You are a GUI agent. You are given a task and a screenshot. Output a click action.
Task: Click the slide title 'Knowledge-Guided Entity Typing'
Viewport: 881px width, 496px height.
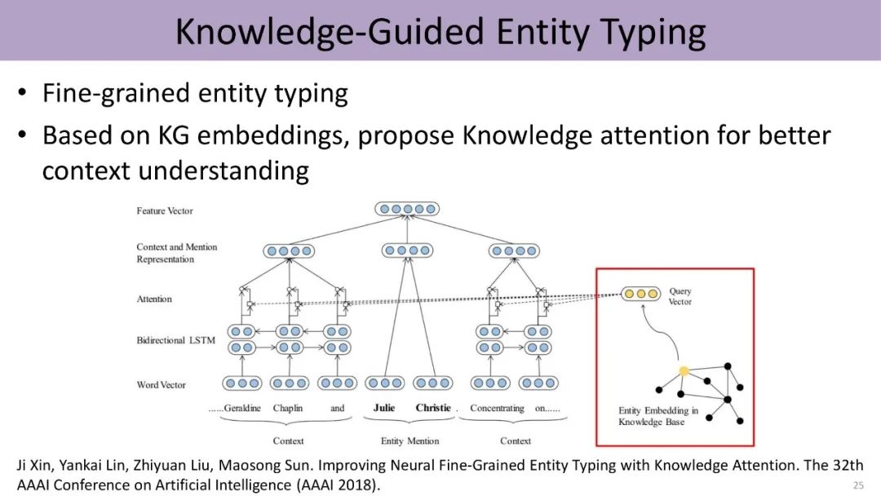coord(440,31)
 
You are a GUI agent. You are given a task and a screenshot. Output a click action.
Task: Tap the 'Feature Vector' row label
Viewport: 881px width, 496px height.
coord(165,210)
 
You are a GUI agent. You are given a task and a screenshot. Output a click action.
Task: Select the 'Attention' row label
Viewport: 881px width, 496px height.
coord(154,299)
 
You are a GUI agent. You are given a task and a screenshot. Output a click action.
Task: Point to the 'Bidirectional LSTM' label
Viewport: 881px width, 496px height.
coord(175,340)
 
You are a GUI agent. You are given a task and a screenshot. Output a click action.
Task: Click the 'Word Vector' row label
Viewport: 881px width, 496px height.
coord(161,385)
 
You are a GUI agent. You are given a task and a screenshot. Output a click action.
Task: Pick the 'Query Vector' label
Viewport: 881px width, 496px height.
coord(680,297)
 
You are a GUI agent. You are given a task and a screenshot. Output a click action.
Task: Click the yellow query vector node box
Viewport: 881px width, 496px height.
coord(641,294)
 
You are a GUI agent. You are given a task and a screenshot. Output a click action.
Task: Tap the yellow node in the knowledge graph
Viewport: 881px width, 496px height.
coord(684,371)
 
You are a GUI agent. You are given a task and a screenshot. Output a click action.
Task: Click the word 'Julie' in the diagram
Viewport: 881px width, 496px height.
coord(384,408)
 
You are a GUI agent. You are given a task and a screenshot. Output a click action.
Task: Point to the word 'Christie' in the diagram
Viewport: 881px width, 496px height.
coord(433,408)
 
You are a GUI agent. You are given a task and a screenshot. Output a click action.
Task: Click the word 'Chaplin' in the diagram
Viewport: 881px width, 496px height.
coord(288,408)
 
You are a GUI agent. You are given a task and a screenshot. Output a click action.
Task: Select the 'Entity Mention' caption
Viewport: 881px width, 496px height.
coord(410,441)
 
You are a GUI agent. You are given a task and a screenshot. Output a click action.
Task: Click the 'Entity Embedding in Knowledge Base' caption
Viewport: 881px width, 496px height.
coord(658,416)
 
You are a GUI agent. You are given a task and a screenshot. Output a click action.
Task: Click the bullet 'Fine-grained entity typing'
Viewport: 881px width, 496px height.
coord(195,93)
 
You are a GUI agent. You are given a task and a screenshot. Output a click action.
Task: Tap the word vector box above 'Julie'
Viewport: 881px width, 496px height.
coord(385,383)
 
